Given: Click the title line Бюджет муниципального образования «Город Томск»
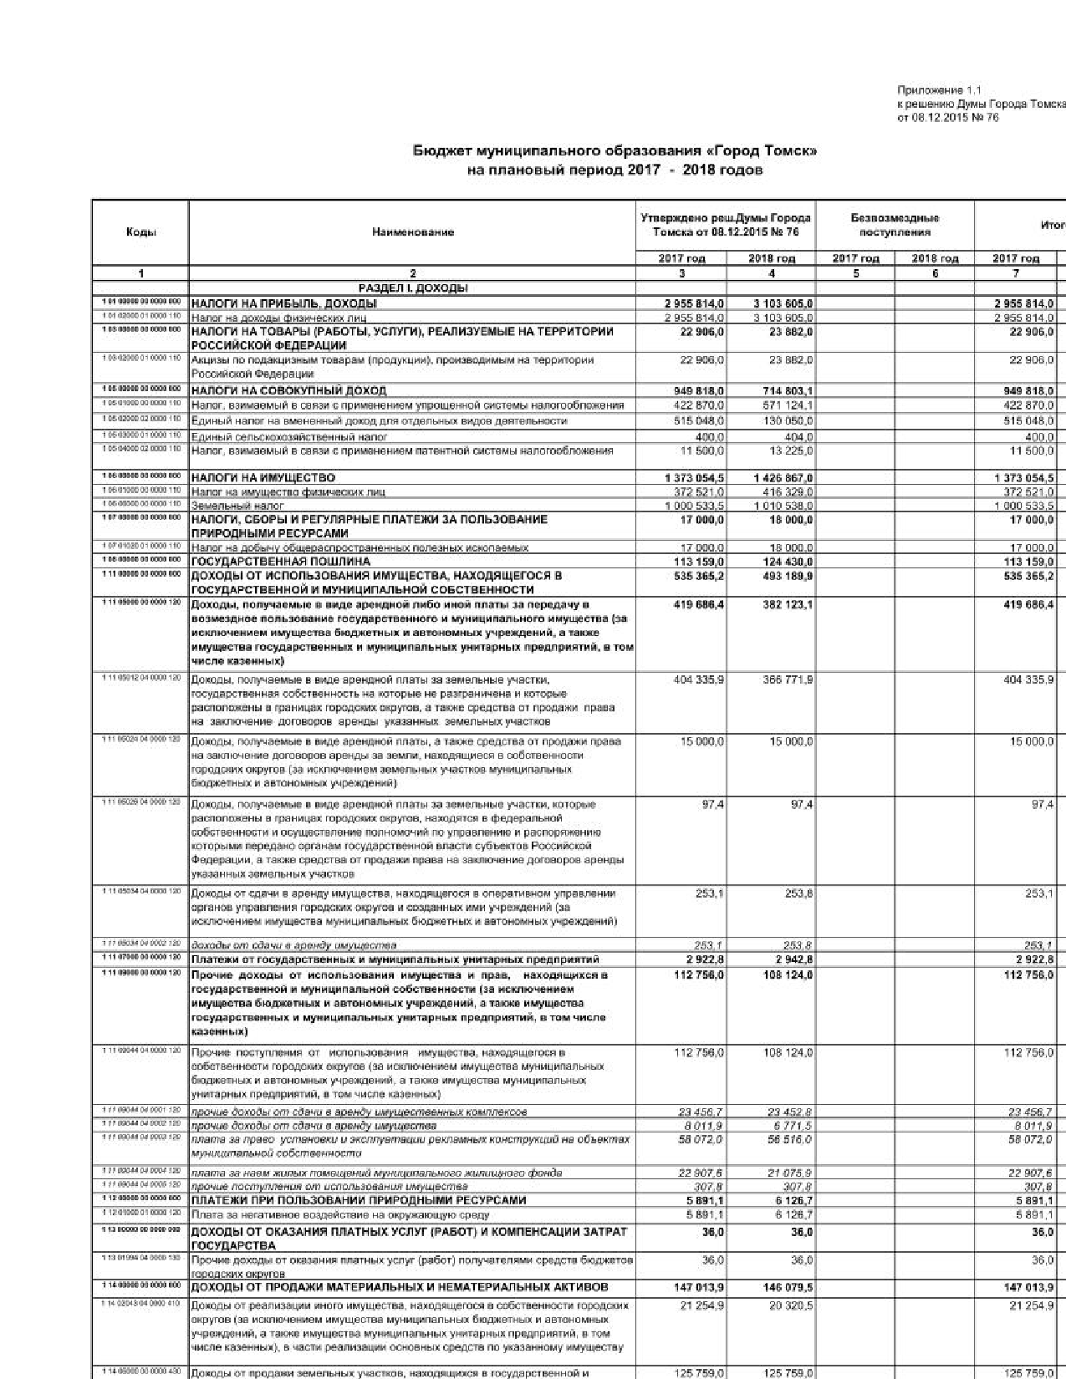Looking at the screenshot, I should pos(615,151).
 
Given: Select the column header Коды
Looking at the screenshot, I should pos(140,232).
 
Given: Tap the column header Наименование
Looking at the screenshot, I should pos(413,232).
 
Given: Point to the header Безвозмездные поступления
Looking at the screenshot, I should pos(895,225).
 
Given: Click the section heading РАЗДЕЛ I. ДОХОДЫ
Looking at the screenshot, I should pos(413,288).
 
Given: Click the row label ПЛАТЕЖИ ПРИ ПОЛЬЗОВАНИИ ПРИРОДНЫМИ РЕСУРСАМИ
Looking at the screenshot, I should pos(359,1200).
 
